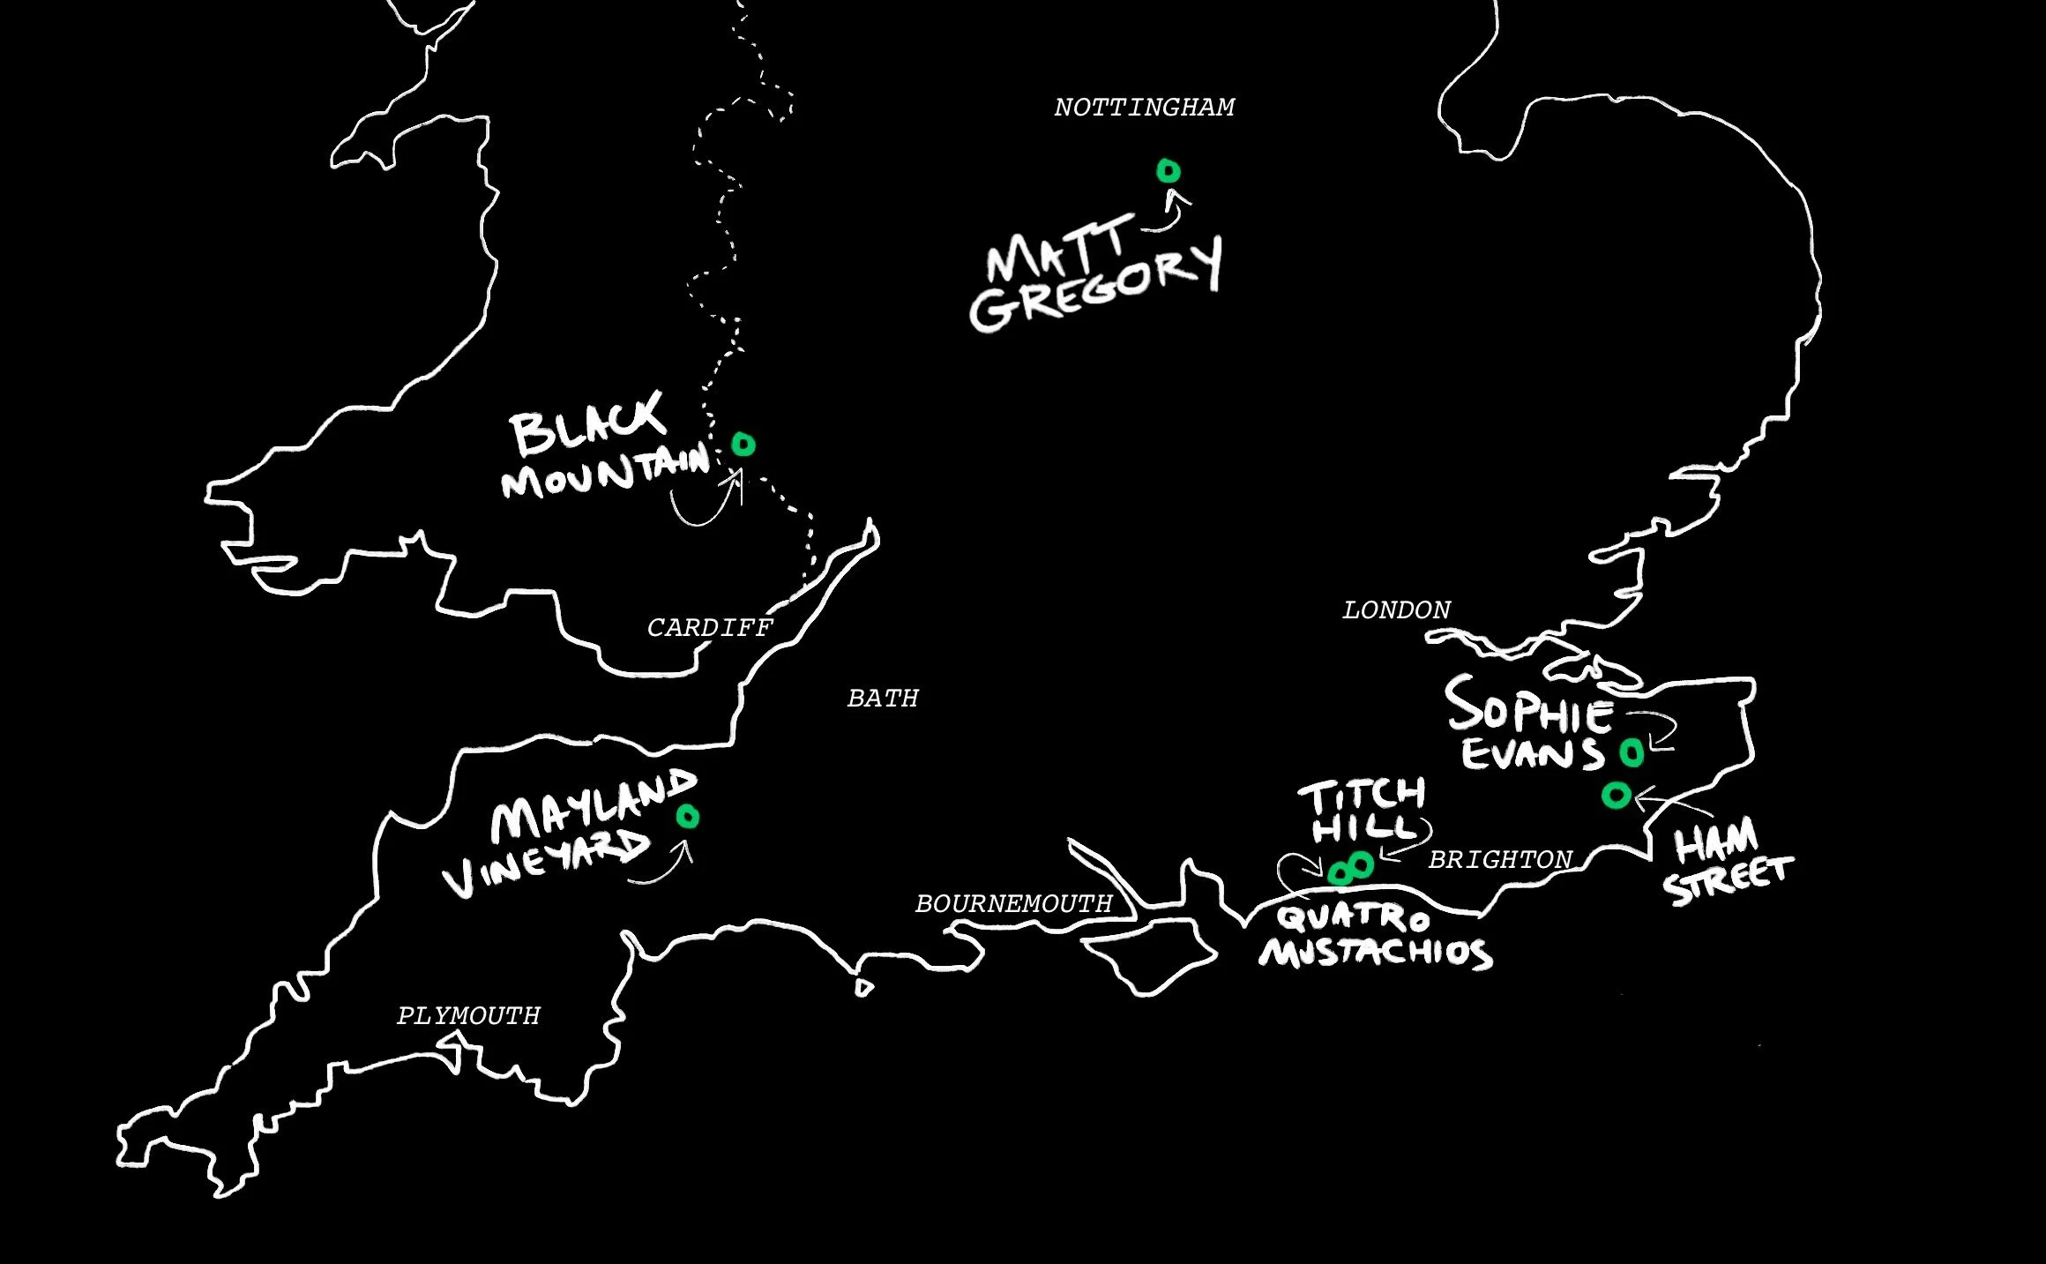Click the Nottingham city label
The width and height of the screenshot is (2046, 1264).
coord(1144,108)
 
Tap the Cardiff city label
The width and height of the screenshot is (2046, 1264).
coord(710,628)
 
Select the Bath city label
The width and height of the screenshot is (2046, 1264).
coord(883,699)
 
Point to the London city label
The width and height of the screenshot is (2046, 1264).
coord(1396,610)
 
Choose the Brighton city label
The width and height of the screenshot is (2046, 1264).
coord(1500,860)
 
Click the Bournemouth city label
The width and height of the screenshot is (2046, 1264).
coord(1013,904)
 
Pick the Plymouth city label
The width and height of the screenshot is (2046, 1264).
coord(468,1016)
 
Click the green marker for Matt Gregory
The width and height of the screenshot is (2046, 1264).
coord(1169,171)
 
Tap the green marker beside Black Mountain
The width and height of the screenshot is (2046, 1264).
coord(743,445)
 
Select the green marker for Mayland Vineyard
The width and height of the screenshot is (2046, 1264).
coord(688,817)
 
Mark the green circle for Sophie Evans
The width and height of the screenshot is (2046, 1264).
coord(1632,753)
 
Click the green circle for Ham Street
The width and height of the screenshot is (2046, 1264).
coord(1616,796)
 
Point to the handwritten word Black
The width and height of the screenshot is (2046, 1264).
coord(586,424)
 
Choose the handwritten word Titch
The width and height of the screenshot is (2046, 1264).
coord(1363,795)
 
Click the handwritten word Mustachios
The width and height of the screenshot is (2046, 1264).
coord(1376,953)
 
